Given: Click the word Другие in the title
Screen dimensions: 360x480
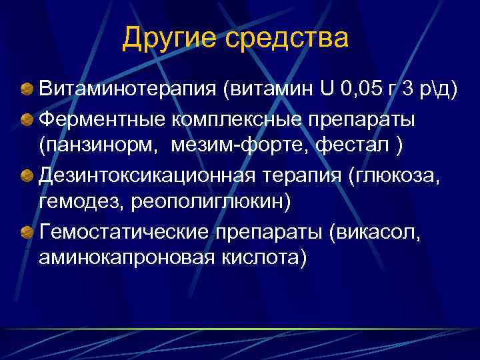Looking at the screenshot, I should [x=169, y=39].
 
